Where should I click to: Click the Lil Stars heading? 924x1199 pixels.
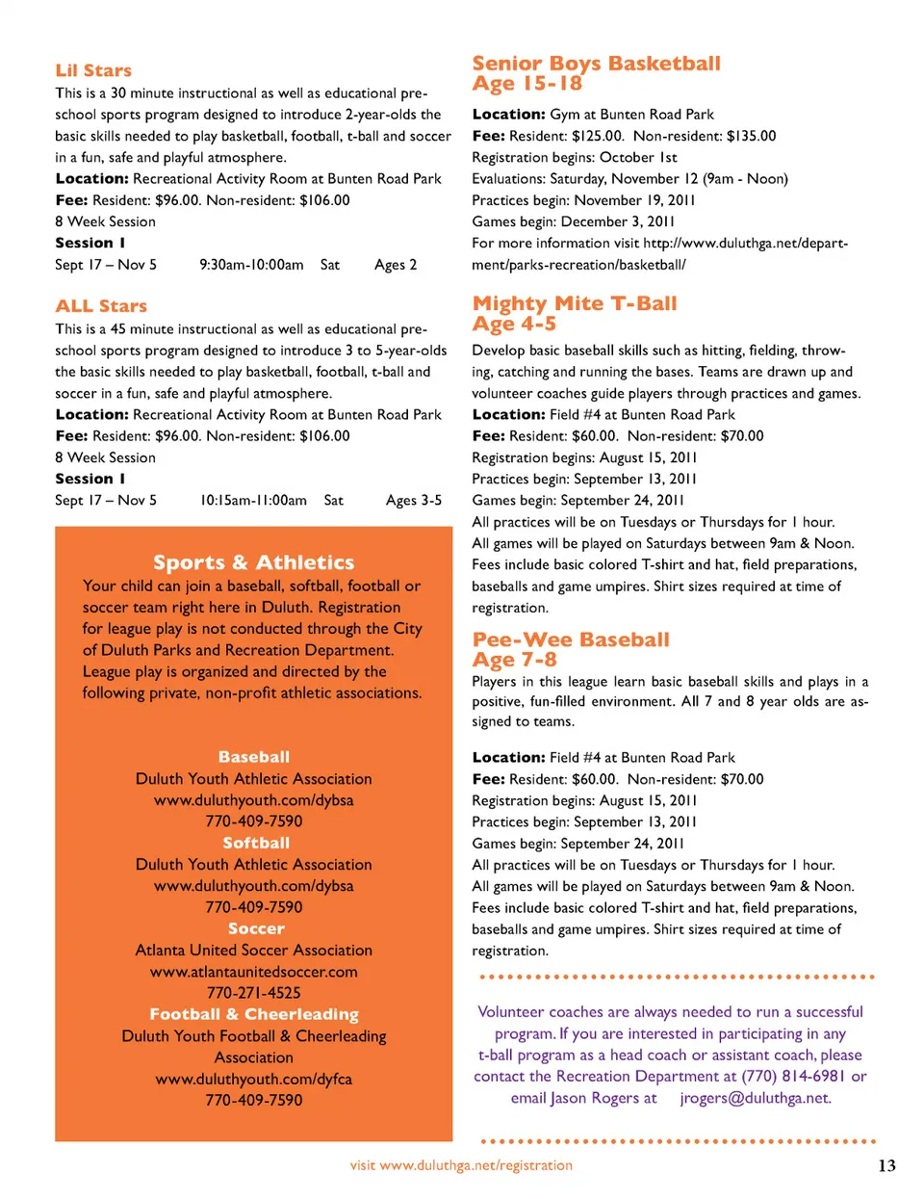[x=93, y=70]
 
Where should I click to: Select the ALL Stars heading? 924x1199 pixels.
[x=101, y=306]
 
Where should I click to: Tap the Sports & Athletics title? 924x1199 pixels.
[x=253, y=562]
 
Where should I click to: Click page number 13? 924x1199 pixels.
[x=886, y=1165]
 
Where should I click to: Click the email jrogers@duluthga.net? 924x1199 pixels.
[x=756, y=1098]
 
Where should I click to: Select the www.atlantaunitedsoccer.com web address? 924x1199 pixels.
[x=254, y=972]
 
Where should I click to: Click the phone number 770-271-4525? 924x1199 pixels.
[x=254, y=993]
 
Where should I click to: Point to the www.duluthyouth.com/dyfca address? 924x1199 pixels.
[x=254, y=1079]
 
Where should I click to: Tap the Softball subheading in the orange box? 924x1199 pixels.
[x=256, y=843]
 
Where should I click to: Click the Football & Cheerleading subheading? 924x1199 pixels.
[x=254, y=1014]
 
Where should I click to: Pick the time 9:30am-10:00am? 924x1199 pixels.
[x=251, y=265]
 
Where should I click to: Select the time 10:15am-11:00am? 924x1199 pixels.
[x=253, y=501]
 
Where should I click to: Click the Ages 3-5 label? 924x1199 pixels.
[x=414, y=501]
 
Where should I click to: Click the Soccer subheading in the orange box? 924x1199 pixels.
[x=256, y=928]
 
